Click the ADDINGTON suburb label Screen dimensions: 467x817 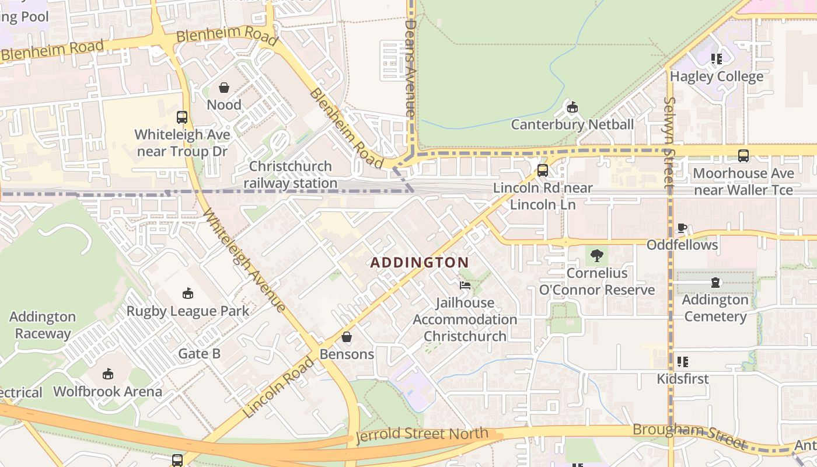(x=420, y=263)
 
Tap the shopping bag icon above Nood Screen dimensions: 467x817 (x=224, y=88)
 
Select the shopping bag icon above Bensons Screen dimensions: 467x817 (x=347, y=337)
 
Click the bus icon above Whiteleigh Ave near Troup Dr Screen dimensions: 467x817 (x=182, y=117)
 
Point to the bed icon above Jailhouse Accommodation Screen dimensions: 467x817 (x=465, y=285)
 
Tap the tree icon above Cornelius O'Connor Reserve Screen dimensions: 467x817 (x=596, y=255)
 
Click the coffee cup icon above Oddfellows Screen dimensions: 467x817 (x=682, y=228)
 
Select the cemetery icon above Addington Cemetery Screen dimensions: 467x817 (x=715, y=283)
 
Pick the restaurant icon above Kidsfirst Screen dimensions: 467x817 (x=683, y=361)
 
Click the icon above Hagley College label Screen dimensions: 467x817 (x=717, y=59)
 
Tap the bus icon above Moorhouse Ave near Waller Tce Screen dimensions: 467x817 (x=743, y=156)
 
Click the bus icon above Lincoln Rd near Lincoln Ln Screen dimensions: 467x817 (x=543, y=170)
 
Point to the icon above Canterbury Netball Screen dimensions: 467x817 (x=572, y=107)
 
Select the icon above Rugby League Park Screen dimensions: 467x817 (x=188, y=293)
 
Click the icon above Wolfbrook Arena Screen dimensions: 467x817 (x=108, y=374)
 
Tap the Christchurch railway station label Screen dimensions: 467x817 (x=291, y=175)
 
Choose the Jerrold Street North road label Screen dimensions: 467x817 (x=422, y=435)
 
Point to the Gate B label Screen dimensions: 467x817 (x=199, y=353)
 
